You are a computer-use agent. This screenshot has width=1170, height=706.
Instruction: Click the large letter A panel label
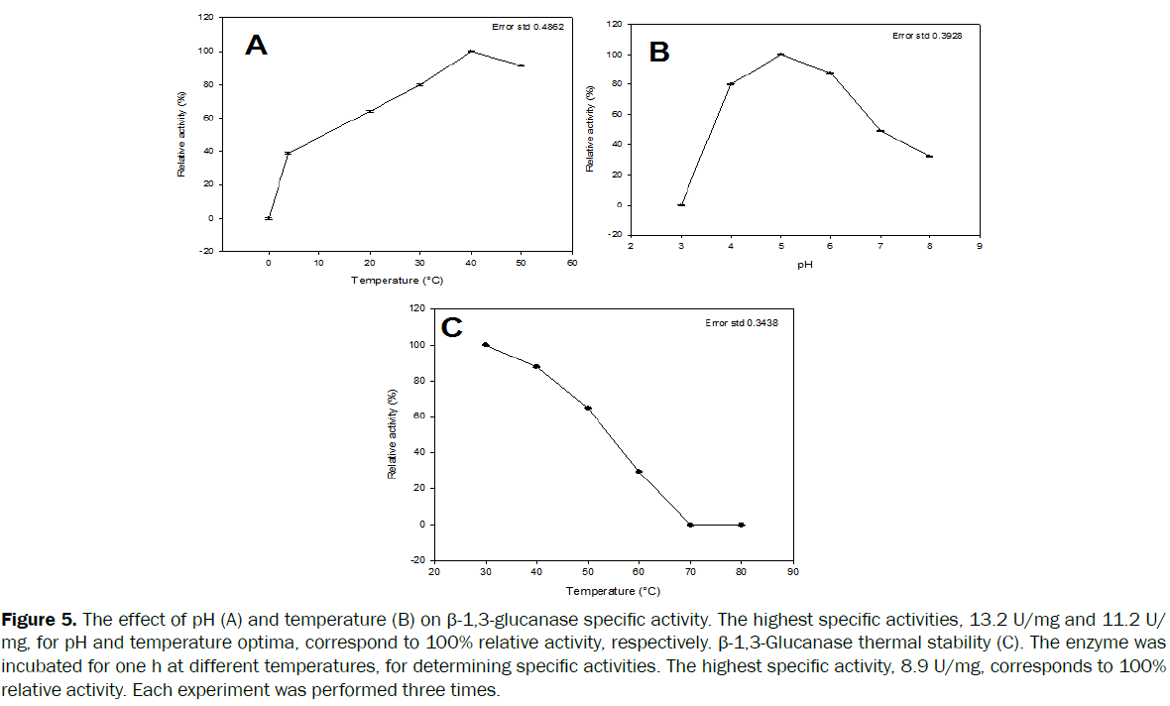point(256,46)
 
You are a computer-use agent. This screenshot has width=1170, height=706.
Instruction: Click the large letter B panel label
point(659,52)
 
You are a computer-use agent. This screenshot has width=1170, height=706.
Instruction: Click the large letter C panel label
point(452,327)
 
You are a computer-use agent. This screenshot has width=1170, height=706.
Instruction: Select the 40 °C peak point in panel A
point(471,52)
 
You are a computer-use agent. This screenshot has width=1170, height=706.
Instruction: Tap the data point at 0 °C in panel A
point(269,218)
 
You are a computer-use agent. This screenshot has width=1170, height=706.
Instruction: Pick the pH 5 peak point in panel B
point(781,55)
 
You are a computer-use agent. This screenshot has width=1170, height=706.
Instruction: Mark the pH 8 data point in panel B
point(930,157)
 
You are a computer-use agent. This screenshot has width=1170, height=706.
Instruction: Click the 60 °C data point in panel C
point(640,472)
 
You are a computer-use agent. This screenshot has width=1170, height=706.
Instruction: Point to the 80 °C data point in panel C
point(742,525)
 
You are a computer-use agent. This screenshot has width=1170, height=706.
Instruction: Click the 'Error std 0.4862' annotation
point(527,27)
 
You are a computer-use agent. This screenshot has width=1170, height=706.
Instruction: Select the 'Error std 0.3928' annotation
point(927,35)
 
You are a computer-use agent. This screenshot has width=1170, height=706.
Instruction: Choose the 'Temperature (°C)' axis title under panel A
point(395,281)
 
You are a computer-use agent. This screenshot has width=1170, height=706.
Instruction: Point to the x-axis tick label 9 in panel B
point(980,251)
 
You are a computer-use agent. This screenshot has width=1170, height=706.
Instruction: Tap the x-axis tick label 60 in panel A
point(572,264)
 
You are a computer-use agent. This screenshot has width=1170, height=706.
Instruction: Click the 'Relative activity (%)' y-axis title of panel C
point(393,434)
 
